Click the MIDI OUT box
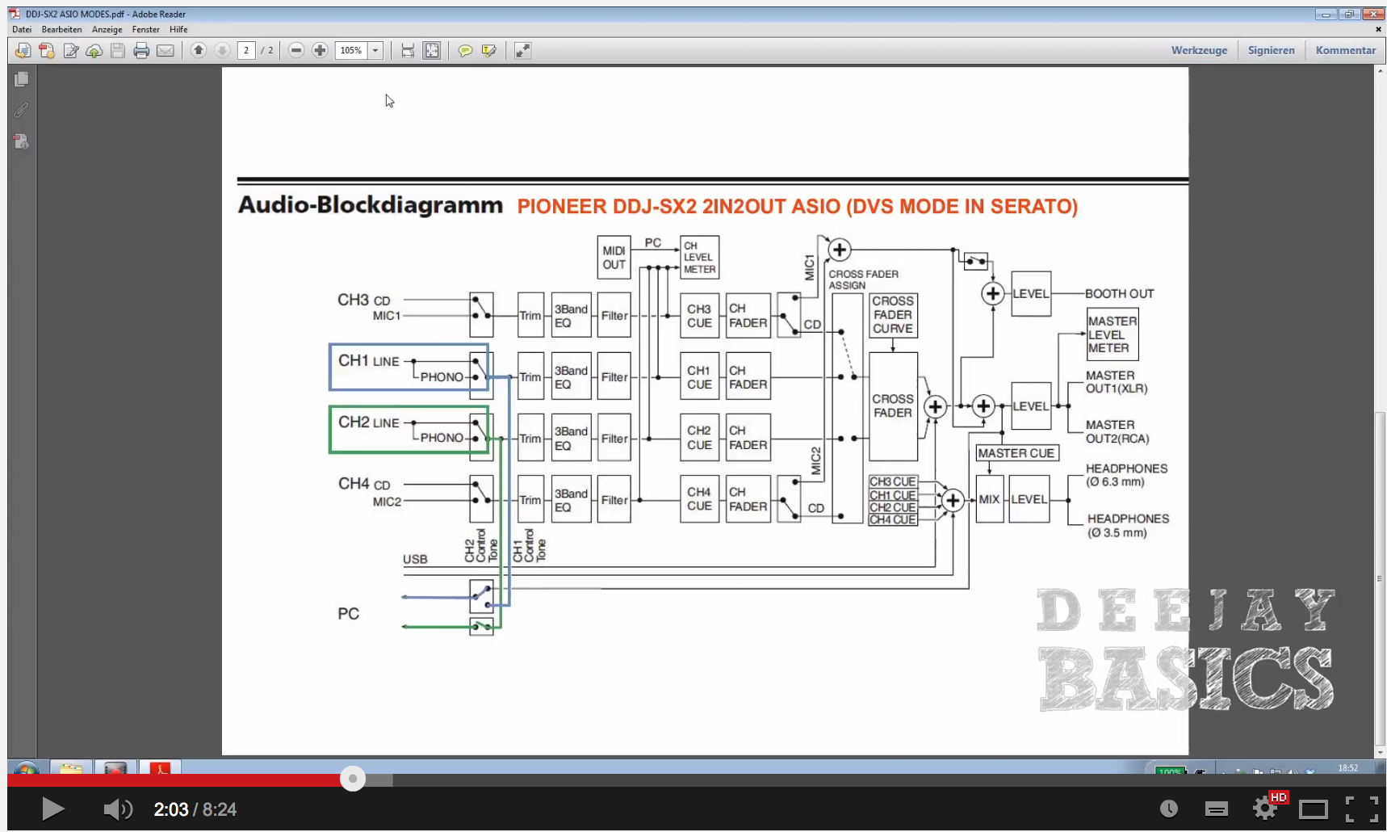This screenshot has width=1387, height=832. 614,258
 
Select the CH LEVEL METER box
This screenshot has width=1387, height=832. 699,258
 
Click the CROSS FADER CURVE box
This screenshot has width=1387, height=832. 893,315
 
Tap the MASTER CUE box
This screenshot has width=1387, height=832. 1016,453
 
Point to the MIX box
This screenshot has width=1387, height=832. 989,499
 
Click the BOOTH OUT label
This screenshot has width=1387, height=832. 1119,294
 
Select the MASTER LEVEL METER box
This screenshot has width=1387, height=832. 1112,334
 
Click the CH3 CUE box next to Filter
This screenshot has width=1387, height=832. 699,316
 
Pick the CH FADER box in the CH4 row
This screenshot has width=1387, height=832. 748,499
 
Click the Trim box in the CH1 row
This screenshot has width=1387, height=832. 530,376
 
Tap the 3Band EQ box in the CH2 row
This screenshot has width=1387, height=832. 571,438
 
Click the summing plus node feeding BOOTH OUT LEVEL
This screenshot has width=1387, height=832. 993,294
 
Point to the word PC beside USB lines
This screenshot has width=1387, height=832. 348,614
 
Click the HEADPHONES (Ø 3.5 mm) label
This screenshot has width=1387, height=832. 1127,525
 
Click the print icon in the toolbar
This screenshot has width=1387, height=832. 141,51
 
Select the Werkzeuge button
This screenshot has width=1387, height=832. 1199,50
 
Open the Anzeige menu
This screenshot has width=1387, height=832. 107,29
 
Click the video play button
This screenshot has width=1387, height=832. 52,809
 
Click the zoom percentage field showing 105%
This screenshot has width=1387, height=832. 351,50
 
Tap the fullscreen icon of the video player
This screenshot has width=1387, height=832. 1361,809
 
